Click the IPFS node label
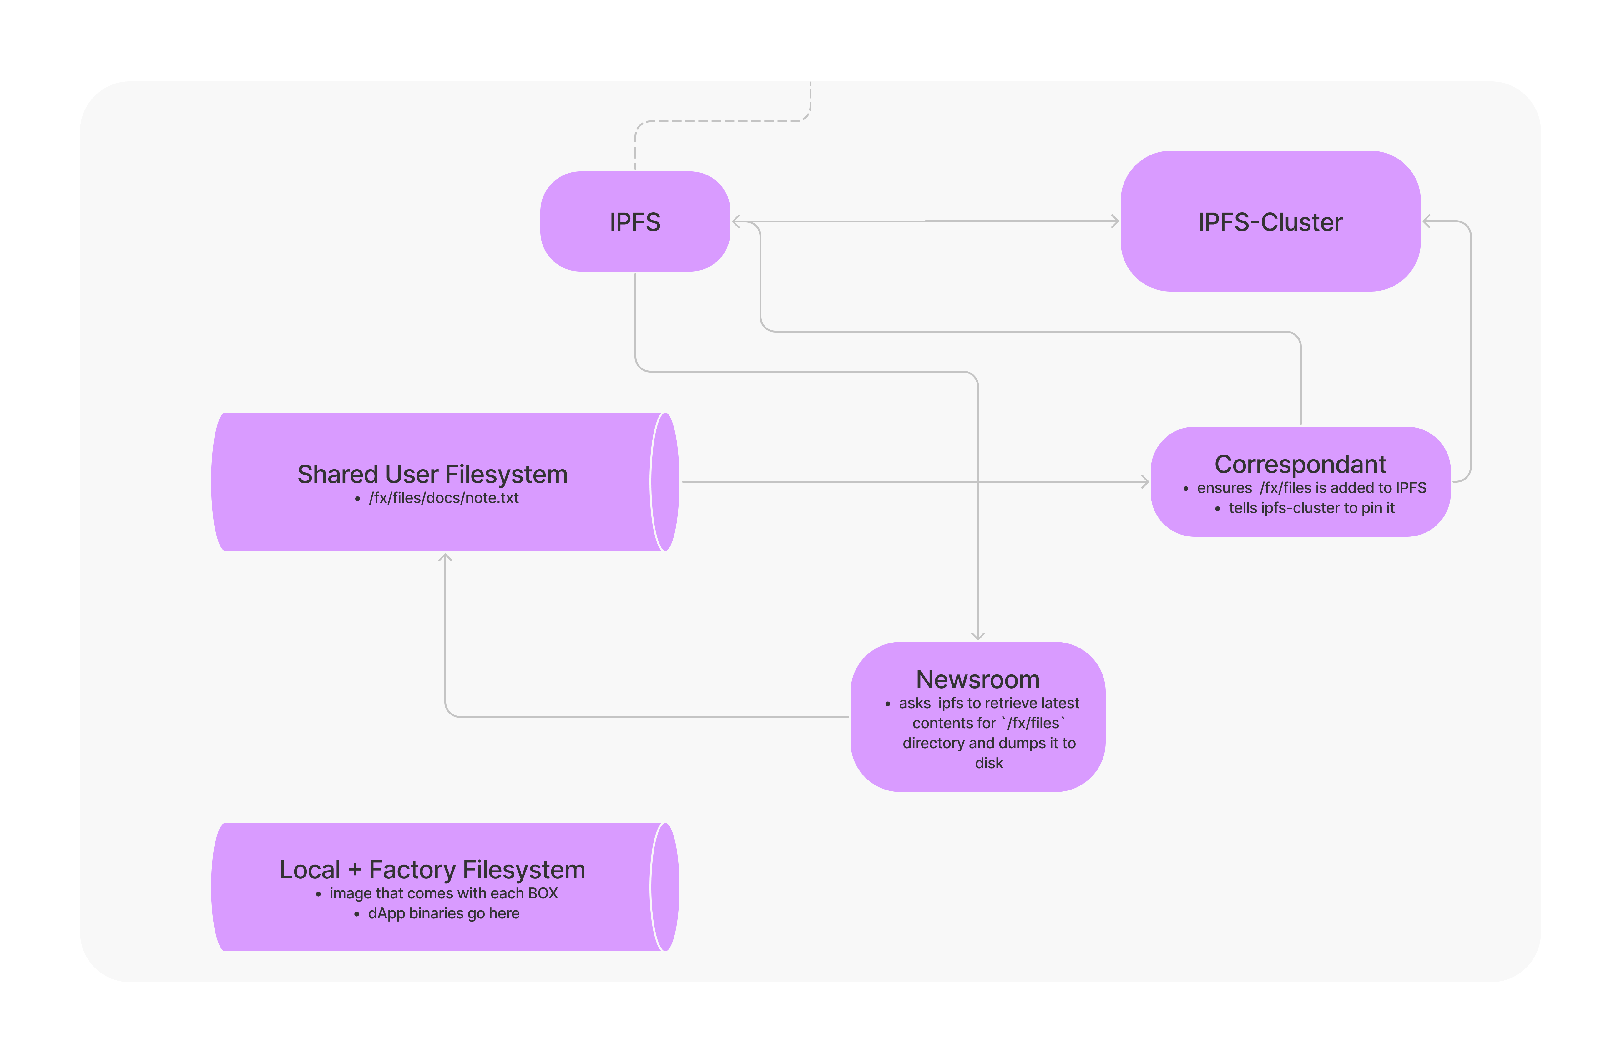coord(635,222)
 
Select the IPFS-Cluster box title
coord(1270,222)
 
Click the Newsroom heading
coord(977,679)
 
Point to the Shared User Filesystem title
coord(432,474)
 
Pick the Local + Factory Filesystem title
coord(432,870)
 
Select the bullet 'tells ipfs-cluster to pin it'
coord(1311,508)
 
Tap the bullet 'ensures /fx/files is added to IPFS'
coord(1311,488)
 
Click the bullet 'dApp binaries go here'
coord(443,913)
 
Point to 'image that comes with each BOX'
coord(443,893)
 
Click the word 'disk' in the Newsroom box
coord(989,763)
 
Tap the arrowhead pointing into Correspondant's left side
coord(1145,482)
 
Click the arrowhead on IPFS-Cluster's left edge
coord(1115,221)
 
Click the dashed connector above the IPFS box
coord(722,121)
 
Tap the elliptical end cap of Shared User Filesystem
coord(665,482)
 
